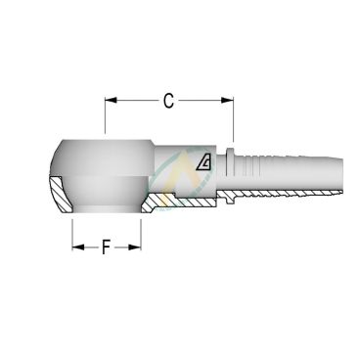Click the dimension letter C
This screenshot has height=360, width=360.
pos(169,100)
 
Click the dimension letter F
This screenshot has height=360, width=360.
pos(106,247)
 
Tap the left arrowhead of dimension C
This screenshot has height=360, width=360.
pos(110,100)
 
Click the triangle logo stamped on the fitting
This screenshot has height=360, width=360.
pos(203,163)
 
